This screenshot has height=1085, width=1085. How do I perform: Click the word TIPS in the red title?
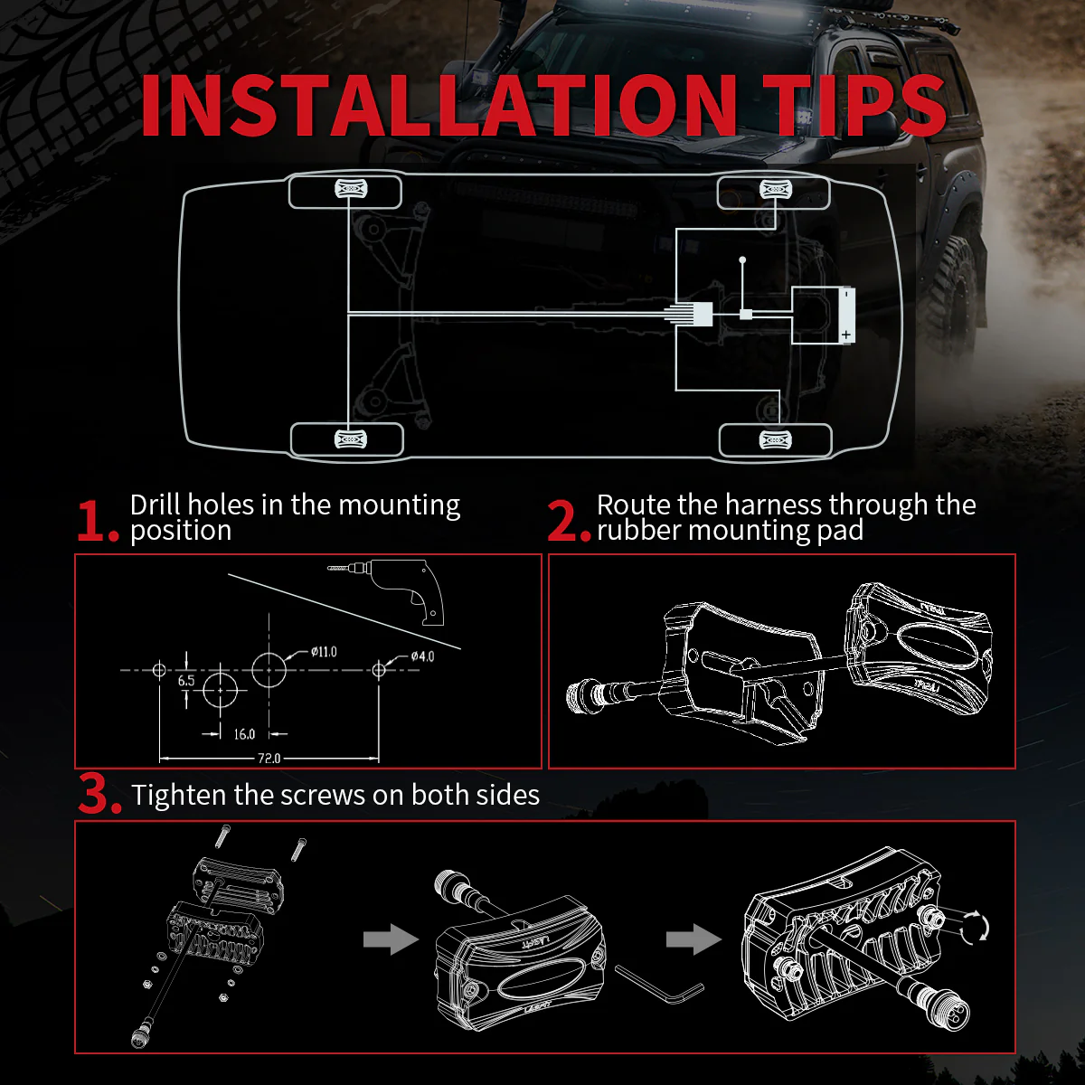point(854,105)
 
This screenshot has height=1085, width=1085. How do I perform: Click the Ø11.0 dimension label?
point(324,652)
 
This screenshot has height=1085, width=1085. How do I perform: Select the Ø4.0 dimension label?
point(422,656)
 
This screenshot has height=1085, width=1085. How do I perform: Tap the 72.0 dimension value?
point(269,759)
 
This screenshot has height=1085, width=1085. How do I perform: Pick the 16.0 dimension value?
point(244,734)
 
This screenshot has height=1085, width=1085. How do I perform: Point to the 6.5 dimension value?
point(186,680)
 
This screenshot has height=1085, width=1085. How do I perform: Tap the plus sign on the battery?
point(845,335)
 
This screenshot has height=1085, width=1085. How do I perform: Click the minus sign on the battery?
point(846,293)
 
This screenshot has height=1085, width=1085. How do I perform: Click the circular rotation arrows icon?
point(975,927)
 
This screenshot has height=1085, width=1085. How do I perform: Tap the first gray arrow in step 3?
point(391,939)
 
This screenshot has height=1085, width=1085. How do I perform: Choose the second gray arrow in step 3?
point(693,939)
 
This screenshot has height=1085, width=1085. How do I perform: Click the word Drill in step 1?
point(156,505)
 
